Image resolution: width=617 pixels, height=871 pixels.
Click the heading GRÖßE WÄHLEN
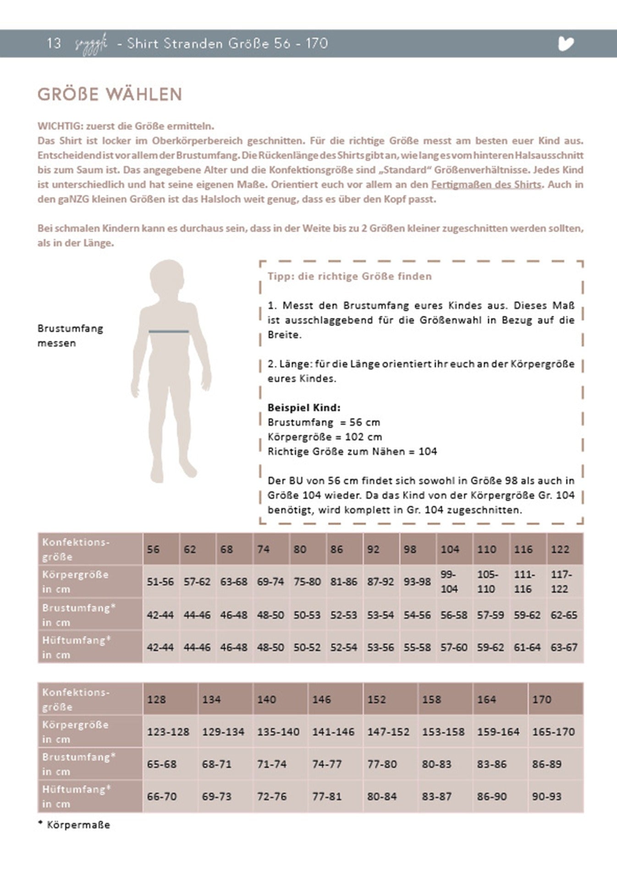110,94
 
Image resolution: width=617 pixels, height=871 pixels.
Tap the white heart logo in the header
566,44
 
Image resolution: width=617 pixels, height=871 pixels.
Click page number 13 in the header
54,44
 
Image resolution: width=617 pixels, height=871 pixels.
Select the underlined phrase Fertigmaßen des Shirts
486,185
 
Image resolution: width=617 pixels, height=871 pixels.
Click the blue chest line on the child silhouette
169,331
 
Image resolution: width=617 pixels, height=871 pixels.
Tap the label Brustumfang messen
70,336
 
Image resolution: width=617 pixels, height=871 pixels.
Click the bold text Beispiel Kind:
304,408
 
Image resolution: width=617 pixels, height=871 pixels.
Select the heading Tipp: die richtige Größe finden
350,276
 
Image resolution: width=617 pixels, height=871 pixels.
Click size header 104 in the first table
450,549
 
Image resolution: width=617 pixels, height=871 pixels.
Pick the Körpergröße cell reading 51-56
160,582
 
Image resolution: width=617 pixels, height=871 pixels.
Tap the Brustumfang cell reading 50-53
307,615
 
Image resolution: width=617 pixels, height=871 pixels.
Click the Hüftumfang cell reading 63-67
564,648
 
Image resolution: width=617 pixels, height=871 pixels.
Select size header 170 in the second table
542,699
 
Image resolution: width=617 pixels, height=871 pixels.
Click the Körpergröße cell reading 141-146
333,732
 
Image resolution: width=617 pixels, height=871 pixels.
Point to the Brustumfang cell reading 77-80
382,764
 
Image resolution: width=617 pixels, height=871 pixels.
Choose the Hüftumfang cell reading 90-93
546,796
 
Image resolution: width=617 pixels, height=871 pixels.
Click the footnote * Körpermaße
74,825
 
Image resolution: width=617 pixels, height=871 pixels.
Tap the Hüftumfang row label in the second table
77,796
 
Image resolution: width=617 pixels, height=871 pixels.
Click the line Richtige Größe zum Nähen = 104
352,452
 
